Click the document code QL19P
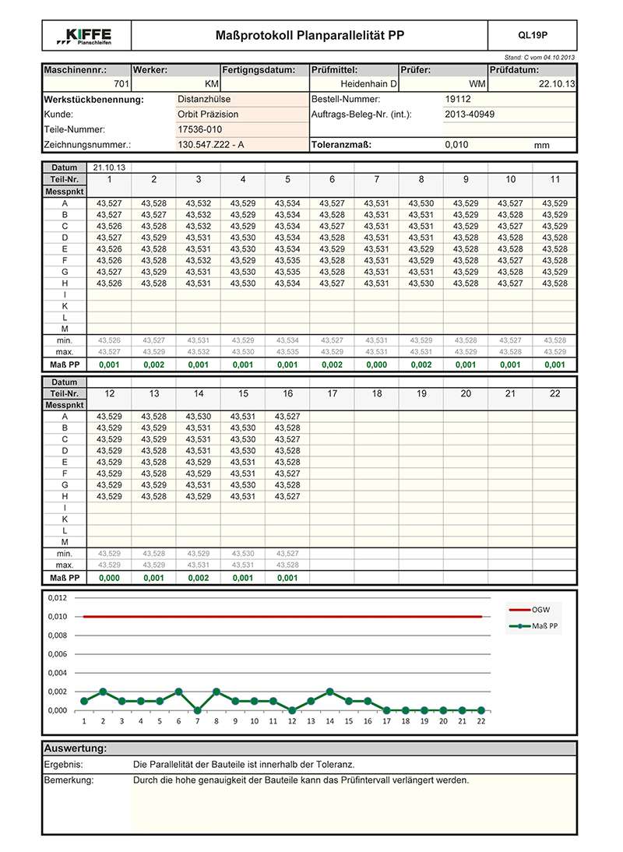[533, 36]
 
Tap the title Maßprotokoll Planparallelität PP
[309, 36]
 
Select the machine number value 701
[121, 83]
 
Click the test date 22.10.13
[556, 83]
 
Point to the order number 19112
[457, 100]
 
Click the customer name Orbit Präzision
[208, 114]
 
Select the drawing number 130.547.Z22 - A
[211, 145]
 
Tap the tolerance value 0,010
[456, 145]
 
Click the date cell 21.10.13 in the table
[109, 167]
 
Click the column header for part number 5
[287, 180]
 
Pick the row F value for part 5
[287, 261]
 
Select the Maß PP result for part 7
[376, 364]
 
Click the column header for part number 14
[198, 394]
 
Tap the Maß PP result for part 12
[109, 579]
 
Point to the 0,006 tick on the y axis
[58, 654]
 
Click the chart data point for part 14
[330, 692]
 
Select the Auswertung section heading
[76, 748]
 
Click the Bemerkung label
[69, 780]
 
